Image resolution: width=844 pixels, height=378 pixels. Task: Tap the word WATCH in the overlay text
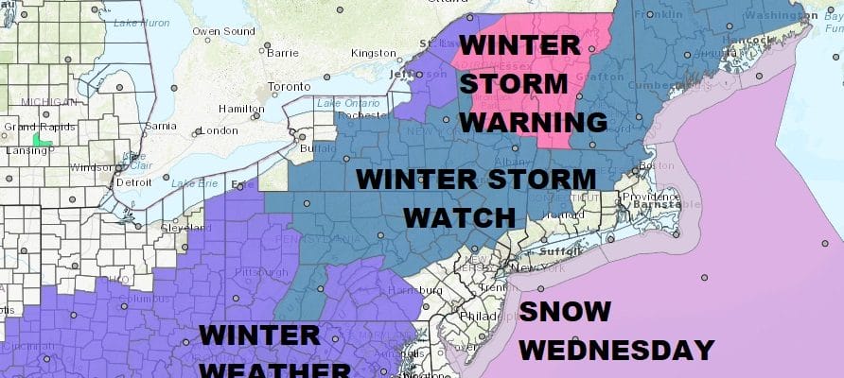point(458,217)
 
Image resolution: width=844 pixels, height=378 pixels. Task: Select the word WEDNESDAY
point(616,349)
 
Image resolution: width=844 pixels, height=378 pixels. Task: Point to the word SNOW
point(564,311)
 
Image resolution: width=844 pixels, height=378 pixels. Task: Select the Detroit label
point(135,180)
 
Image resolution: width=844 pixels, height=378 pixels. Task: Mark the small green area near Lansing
point(40,140)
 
